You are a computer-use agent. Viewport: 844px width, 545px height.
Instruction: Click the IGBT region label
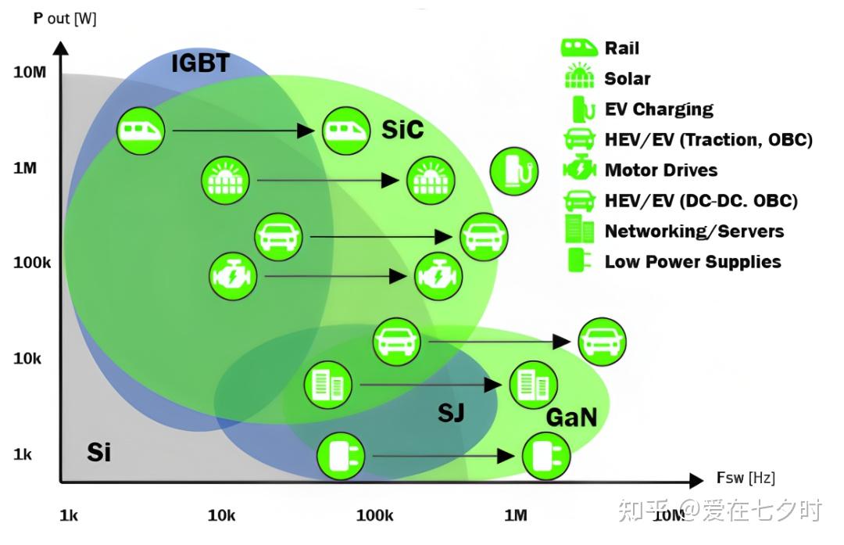tap(201, 63)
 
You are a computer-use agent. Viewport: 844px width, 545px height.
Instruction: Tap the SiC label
tap(402, 129)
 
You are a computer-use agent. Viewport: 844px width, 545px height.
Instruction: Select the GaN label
tap(571, 418)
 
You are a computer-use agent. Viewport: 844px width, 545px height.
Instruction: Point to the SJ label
tap(451, 412)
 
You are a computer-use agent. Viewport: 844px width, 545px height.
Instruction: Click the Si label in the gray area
tap(98, 452)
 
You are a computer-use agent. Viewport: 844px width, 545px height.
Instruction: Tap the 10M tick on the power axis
tap(30, 72)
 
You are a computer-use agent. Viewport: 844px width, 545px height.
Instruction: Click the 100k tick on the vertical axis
tap(32, 263)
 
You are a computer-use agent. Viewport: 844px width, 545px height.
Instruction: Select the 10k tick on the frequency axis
tap(221, 515)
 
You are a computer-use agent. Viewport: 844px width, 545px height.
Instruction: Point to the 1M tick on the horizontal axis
tap(515, 515)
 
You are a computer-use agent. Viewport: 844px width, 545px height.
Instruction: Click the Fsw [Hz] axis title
tap(746, 478)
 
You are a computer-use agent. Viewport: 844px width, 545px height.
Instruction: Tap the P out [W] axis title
tap(65, 18)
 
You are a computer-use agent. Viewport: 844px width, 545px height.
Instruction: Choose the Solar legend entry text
tap(628, 79)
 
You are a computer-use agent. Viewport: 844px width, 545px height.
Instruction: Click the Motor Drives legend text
tap(660, 170)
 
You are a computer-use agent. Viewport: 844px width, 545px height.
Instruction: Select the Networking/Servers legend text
tap(694, 231)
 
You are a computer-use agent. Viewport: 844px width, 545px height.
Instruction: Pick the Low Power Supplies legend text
tap(692, 262)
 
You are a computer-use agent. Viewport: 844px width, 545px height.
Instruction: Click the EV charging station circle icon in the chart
tap(513, 172)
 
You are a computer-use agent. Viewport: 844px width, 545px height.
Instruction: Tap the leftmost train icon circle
tap(141, 131)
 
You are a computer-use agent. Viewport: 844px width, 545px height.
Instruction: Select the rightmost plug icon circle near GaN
tap(546, 457)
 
